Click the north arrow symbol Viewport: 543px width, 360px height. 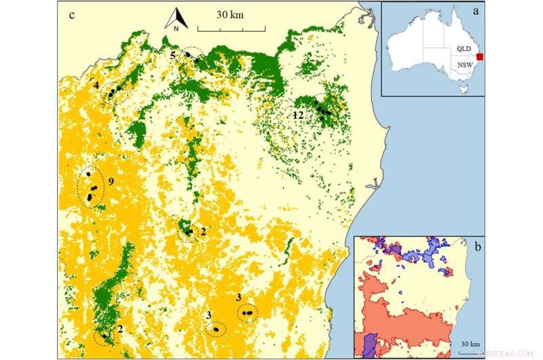tap(175, 16)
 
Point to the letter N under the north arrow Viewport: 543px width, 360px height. tap(175, 28)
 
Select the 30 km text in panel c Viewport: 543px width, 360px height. tap(231, 14)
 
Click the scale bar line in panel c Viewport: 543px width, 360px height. tap(231, 29)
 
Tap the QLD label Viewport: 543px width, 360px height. tap(463, 49)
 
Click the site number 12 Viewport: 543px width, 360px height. tap(298, 115)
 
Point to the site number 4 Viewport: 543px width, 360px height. tap(97, 85)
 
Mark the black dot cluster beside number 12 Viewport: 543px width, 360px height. tap(323, 109)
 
